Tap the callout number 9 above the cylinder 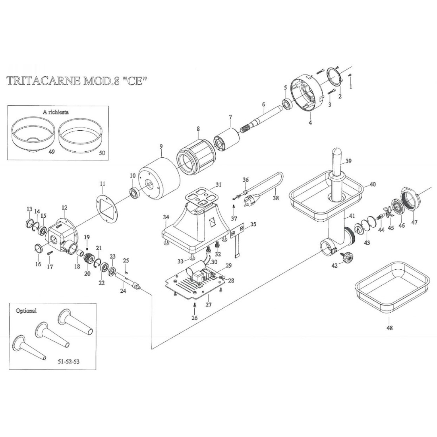point(161,146)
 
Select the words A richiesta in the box point(56,112)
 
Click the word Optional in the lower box point(26,311)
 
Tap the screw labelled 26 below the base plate point(194,305)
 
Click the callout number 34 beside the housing point(166,217)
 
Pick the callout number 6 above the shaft point(263,104)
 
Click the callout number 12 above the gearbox point(65,207)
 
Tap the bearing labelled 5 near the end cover point(286,104)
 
